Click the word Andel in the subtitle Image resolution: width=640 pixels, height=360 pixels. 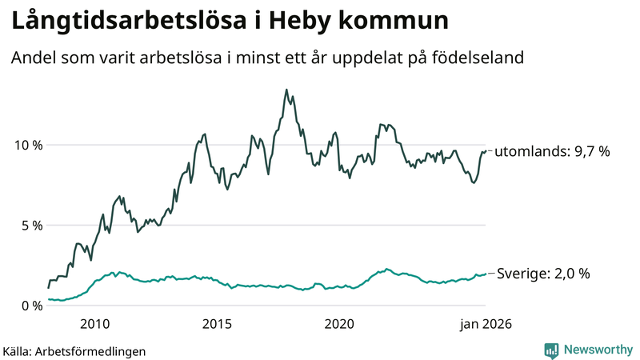pos(33,58)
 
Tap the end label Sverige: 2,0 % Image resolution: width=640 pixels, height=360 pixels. pos(543,274)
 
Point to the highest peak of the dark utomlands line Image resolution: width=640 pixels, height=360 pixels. pos(286,90)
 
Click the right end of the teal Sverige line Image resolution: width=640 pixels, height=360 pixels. pos(486,274)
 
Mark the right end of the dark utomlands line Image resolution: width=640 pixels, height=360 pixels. pos(486,151)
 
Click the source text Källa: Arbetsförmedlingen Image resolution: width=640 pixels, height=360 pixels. pos(74,350)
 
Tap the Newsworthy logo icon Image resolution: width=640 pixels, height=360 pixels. pos(551,350)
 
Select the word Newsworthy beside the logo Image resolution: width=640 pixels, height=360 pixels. pos(597,350)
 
